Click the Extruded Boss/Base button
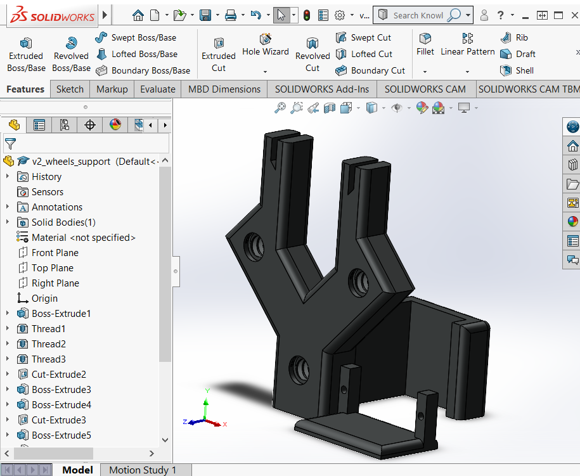click(26, 54)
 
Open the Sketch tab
click(70, 89)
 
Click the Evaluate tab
click(158, 89)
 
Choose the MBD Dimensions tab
click(224, 89)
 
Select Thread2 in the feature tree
click(49, 344)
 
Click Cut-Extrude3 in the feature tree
click(59, 420)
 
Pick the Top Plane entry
click(53, 268)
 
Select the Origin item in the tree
click(44, 299)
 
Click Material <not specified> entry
click(84, 238)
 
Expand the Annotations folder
click(8, 207)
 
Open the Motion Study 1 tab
click(143, 470)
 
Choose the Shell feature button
click(517, 70)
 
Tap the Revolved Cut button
click(313, 54)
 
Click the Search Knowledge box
click(417, 15)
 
